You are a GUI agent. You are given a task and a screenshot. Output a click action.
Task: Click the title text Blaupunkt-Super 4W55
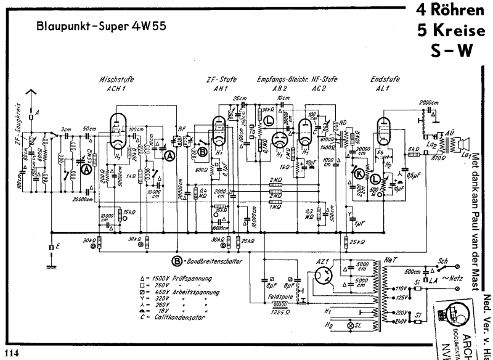101,27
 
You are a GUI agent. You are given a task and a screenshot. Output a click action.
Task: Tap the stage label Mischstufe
117,80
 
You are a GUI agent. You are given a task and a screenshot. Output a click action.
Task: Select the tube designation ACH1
116,88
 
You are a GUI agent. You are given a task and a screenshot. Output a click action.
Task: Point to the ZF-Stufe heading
219,80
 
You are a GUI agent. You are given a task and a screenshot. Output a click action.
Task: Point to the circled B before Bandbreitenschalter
176,261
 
